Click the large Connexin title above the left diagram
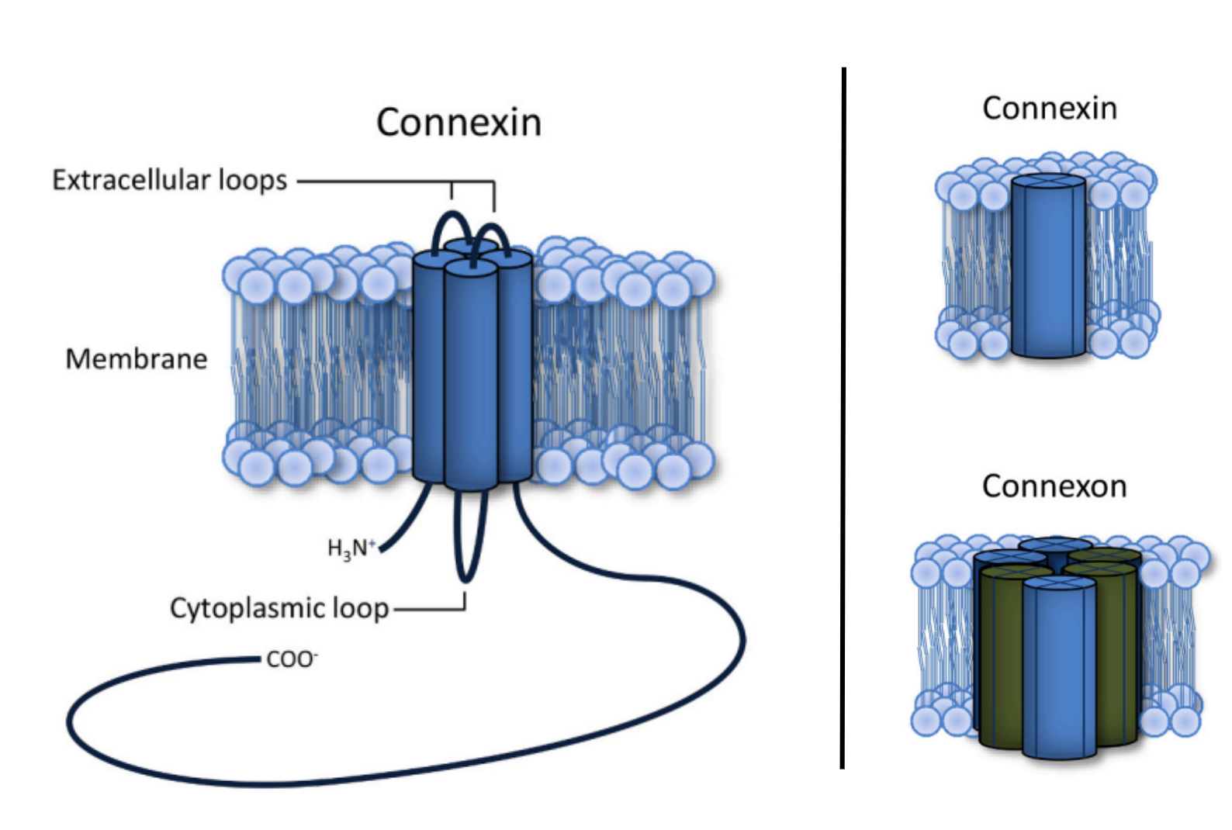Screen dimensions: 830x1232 point(459,123)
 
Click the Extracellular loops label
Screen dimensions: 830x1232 point(169,180)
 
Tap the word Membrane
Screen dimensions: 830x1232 point(137,358)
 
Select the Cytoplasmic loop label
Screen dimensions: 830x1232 point(279,608)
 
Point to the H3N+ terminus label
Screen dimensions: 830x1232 point(351,548)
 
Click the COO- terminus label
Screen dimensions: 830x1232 point(291,659)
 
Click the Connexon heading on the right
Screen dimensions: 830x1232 point(1054,486)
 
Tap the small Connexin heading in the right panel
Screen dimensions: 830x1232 point(1049,109)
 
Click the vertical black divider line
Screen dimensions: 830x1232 point(843,419)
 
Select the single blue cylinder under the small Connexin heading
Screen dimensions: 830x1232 point(1047,271)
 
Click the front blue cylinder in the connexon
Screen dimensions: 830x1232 point(1059,675)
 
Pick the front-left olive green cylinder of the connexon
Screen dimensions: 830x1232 point(1001,659)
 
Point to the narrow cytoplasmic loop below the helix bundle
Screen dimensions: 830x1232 point(465,543)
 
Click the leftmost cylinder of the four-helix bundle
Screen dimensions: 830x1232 point(427,365)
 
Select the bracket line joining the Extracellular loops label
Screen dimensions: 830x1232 point(388,182)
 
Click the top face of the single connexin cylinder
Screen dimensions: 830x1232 point(1048,183)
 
